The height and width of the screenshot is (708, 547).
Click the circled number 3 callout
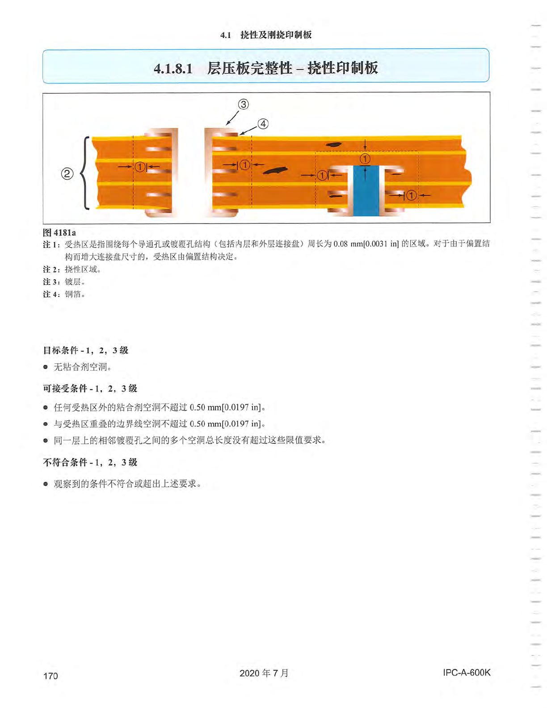[243, 105]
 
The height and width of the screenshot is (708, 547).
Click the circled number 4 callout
[263, 124]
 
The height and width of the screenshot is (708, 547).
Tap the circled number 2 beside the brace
[67, 173]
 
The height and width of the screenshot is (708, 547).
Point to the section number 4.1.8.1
[173, 68]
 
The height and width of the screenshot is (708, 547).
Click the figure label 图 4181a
[59, 232]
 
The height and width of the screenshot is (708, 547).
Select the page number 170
[50, 676]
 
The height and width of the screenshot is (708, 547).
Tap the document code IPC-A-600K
[467, 673]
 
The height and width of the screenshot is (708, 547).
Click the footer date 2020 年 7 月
[264, 673]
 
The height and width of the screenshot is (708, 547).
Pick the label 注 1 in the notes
[51, 244]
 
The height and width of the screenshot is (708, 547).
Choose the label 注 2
[51, 270]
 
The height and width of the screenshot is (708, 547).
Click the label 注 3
[51, 282]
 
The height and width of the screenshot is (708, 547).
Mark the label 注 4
[51, 295]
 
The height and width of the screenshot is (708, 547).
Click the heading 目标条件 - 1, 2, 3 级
[85, 350]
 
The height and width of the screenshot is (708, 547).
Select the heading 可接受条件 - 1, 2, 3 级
[90, 388]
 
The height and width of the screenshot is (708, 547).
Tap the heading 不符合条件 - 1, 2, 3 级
[90, 462]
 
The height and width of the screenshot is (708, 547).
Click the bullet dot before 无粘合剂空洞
[46, 367]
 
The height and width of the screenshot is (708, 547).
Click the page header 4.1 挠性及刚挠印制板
[266, 35]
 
